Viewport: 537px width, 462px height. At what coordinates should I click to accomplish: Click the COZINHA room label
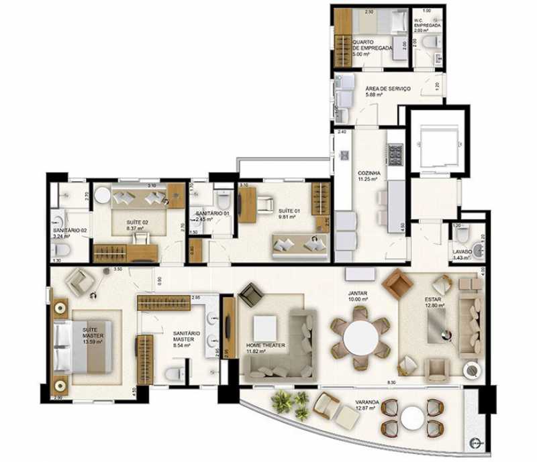367,173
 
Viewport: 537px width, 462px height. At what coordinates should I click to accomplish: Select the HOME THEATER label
265,345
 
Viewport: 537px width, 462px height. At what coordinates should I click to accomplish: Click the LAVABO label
462,252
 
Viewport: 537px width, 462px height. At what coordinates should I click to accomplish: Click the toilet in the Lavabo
462,234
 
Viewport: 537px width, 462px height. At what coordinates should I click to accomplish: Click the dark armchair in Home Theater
252,294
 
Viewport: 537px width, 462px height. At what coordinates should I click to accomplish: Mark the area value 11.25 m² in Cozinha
367,180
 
